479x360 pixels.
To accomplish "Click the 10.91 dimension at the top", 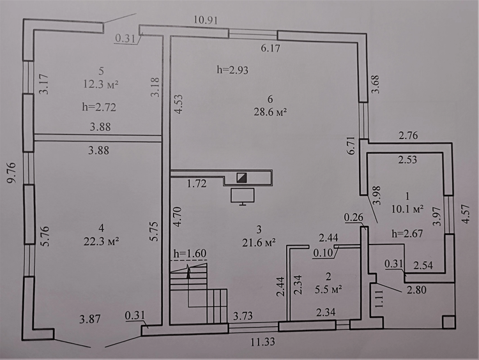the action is pos(206,20).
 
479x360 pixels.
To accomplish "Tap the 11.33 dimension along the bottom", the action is pos(262,341).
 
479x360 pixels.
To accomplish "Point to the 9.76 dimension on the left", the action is pos(11,173).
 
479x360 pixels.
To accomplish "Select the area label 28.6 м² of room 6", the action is pos(270,112).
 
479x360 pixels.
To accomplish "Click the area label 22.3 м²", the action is pos(101,241).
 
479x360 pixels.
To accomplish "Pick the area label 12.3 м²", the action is pos(101,84).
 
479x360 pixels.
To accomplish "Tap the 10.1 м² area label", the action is pos(407,209).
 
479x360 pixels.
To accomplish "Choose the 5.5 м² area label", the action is pos(328,289).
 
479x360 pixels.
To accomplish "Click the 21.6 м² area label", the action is pos(259,243).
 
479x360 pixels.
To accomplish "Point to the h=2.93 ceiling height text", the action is pos(232,70).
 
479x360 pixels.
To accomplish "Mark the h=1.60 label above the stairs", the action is pos(190,253).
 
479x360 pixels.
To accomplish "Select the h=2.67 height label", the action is pos(407,234).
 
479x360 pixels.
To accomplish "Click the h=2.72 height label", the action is pos(99,107).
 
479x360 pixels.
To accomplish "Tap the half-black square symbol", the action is pos(241,177).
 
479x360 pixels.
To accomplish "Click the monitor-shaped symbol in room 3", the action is pos(243,197).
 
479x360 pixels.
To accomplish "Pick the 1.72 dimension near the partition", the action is pos(197,184).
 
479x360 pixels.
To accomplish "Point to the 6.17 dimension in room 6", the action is pos(270,49).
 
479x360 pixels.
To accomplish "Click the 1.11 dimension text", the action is pos(379,299).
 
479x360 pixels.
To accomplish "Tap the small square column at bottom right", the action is pos(448,322).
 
